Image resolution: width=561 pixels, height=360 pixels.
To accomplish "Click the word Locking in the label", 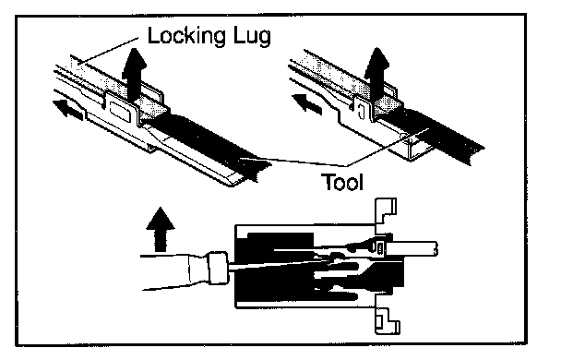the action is pos(187,36).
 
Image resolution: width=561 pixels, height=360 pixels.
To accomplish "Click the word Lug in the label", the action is pos(253,37).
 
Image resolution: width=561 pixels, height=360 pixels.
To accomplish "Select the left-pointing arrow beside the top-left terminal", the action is pos(68,109).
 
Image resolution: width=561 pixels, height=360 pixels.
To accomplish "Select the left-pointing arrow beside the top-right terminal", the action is pos(307,103).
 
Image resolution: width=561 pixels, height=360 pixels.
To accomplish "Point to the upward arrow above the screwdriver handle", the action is pos(161,229).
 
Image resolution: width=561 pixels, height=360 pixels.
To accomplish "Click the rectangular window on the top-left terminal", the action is pos(121,111).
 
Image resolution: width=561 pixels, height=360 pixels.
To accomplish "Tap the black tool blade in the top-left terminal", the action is pos(211,143).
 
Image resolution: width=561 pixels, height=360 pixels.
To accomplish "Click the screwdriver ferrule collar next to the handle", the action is pos(217,268).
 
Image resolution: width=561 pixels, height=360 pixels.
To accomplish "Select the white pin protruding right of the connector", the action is pos(412,248).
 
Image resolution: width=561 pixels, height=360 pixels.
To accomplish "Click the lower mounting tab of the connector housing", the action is pos(387,319).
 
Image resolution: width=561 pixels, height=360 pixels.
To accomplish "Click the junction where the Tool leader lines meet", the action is pos(346,166).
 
